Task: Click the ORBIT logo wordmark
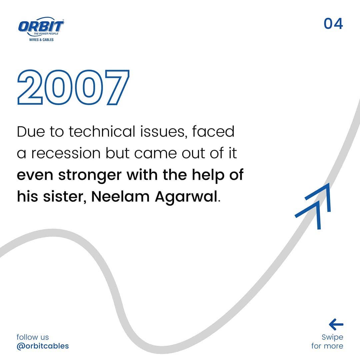[x=41, y=26]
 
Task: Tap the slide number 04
[x=333, y=24]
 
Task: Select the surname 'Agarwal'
[x=186, y=197]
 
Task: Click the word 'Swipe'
[x=332, y=337]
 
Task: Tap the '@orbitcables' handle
[x=43, y=346]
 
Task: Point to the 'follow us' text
[x=33, y=337]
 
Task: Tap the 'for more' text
[x=327, y=346]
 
